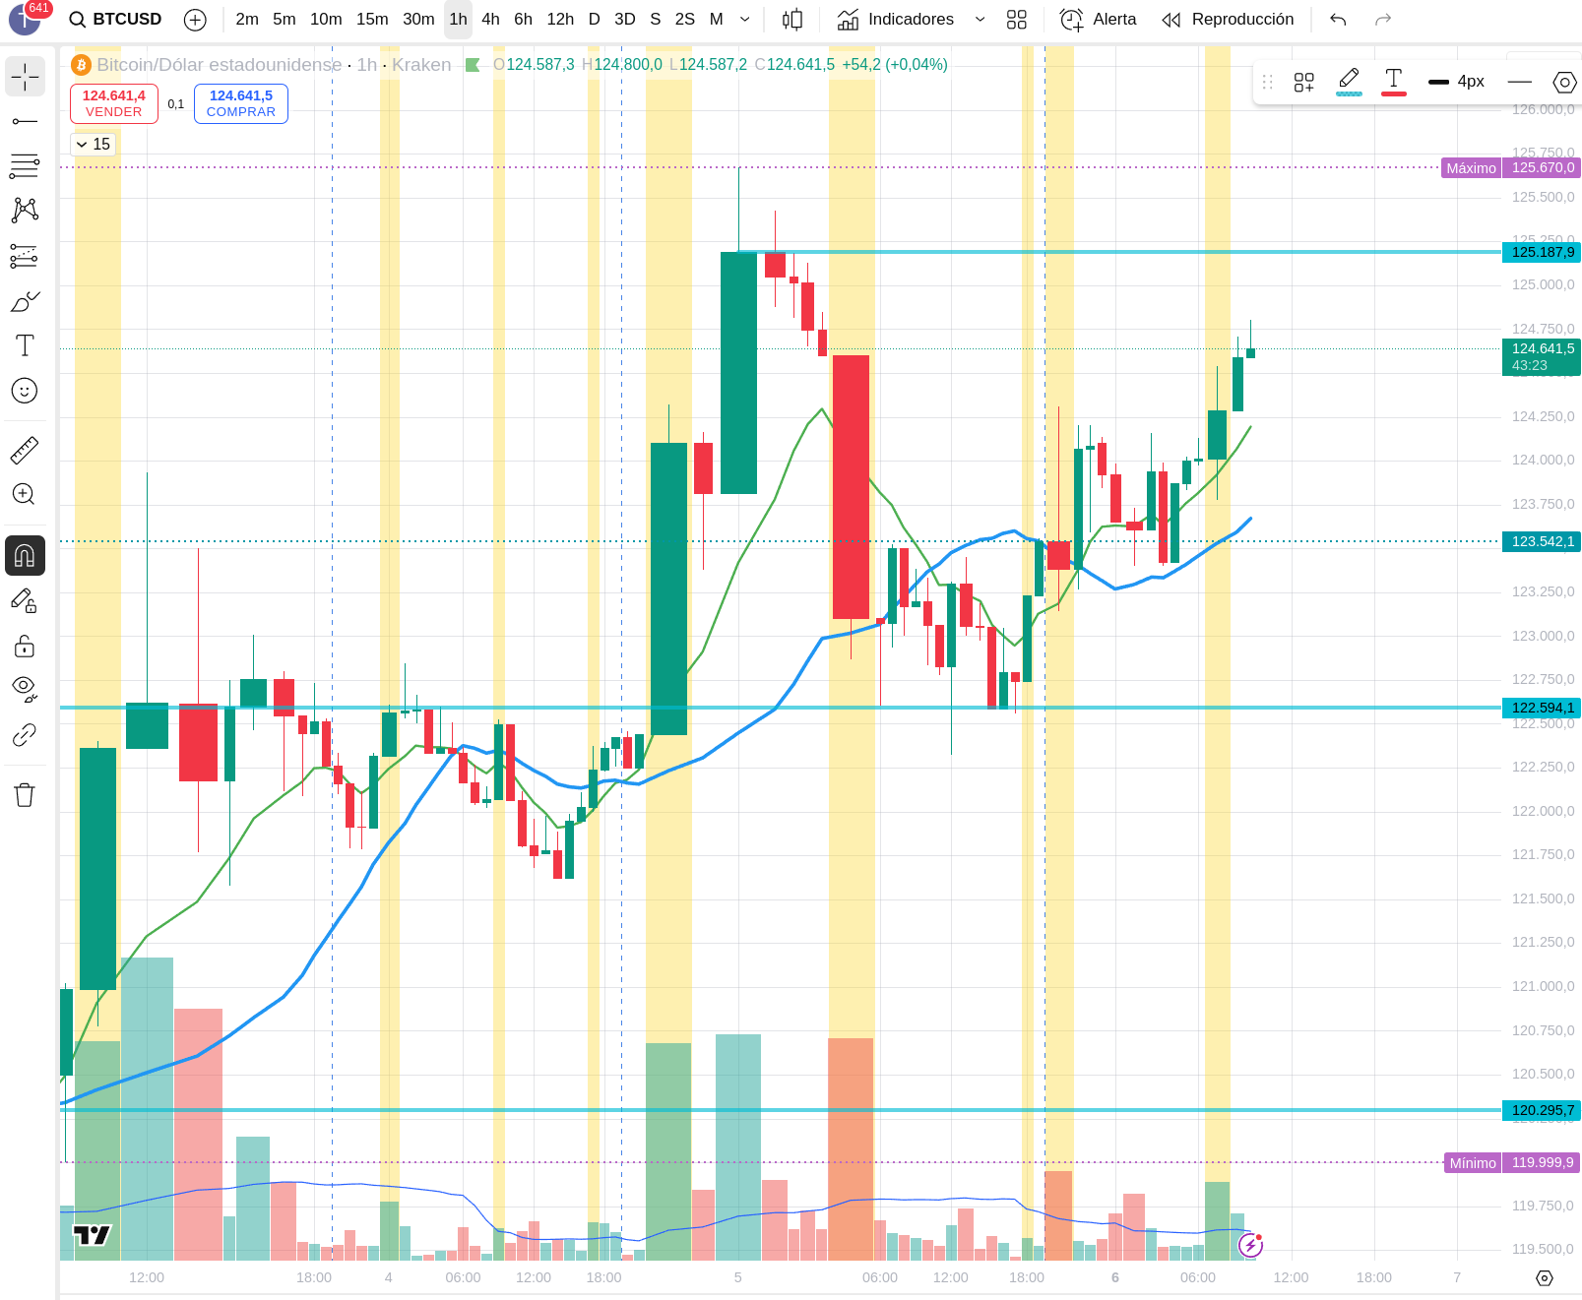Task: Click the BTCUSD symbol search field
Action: (115, 20)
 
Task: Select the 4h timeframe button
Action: (490, 20)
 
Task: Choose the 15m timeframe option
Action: (372, 20)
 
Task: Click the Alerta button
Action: (1099, 20)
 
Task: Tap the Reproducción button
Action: (1229, 20)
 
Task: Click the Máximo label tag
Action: (1471, 168)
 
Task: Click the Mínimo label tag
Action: (1472, 1163)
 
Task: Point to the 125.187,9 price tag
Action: (1542, 253)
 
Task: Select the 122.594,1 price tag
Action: (1542, 708)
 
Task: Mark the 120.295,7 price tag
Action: (1542, 1110)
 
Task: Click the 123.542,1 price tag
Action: (1542, 541)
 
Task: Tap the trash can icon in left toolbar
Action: (25, 795)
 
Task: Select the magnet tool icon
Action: (25, 556)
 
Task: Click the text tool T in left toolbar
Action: (25, 345)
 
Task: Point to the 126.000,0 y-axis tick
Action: (1543, 109)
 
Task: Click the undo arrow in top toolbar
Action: (1338, 20)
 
